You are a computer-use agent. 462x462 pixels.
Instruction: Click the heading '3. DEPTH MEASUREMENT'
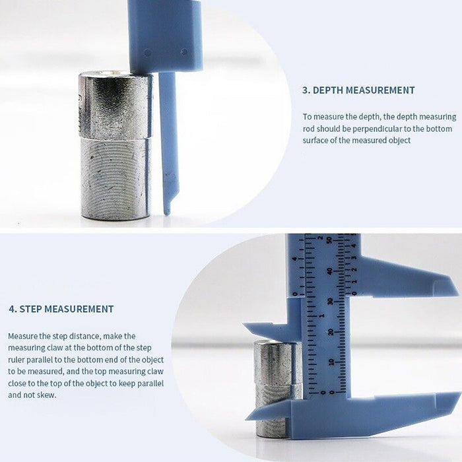(358, 90)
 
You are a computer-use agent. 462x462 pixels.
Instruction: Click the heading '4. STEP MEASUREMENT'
(61, 309)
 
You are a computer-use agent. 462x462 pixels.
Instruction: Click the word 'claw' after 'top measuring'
(155, 371)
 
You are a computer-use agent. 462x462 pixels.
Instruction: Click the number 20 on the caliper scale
(331, 332)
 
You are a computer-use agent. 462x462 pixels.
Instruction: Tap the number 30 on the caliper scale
(331, 302)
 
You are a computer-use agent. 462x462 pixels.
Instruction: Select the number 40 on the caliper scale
(330, 271)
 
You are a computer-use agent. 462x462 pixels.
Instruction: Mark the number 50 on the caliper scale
(330, 240)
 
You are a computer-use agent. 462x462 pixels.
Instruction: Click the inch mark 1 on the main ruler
(322, 316)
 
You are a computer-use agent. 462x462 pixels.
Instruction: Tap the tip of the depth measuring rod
(167, 214)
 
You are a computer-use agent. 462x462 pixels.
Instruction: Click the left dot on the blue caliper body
(147, 53)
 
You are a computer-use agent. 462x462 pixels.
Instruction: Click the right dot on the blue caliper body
(184, 52)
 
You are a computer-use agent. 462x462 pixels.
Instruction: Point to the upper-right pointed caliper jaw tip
(459, 294)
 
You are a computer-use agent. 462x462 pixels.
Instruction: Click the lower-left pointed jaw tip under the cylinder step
(246, 418)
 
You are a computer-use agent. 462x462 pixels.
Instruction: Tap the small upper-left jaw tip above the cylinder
(244, 325)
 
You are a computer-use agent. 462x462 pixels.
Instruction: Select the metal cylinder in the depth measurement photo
(116, 145)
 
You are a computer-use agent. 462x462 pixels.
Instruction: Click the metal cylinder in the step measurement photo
(278, 388)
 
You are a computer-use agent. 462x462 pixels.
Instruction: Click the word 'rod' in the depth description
(309, 129)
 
